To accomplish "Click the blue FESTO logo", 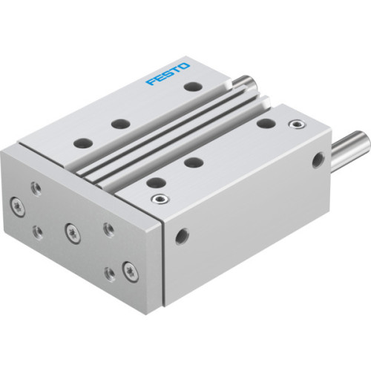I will [168, 75].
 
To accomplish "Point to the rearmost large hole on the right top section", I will [263, 124].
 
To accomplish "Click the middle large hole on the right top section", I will [194, 162].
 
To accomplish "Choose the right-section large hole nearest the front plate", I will [155, 182].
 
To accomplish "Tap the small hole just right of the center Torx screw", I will [108, 228].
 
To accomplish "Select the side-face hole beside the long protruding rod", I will [321, 158].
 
